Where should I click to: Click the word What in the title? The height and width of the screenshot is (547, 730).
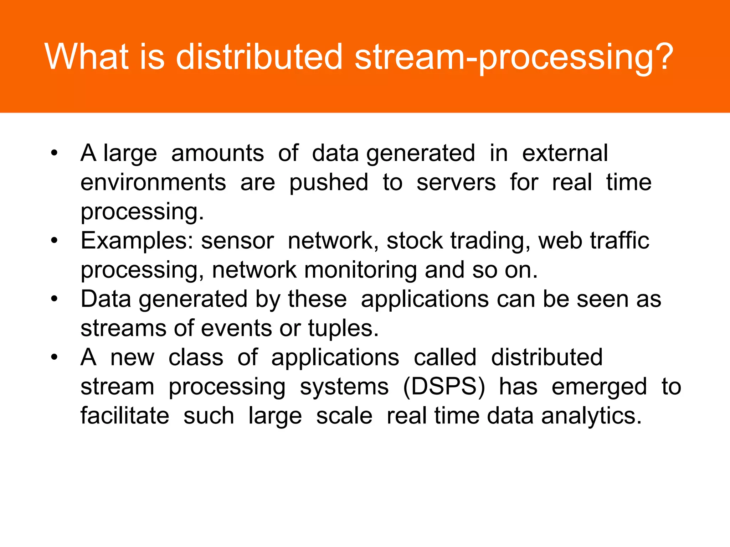pos(87,57)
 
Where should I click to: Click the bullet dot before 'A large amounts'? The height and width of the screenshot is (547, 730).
pos(54,153)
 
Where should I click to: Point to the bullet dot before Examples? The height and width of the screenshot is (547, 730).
pos(54,241)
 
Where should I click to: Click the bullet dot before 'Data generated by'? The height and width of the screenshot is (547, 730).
pos(54,299)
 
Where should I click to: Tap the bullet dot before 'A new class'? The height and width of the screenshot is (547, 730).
pos(54,357)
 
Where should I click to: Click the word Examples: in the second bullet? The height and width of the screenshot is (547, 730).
pos(137,241)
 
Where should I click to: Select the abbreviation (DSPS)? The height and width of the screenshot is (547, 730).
pos(444,387)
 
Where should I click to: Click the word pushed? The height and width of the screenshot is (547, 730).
pos(328,183)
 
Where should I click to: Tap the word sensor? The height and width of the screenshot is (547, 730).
pos(237,241)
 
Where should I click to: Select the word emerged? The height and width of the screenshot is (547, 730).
pos(599,387)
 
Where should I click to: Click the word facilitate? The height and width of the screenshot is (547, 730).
pos(125,416)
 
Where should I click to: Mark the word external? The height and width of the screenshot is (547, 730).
pos(565,153)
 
